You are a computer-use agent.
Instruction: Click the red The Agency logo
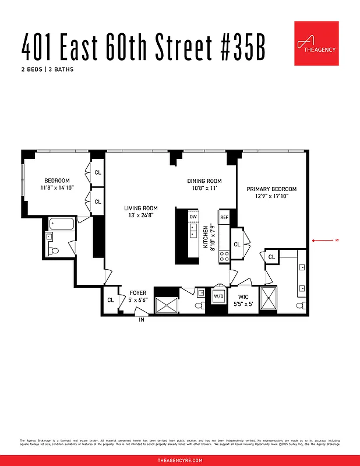(x=316, y=43)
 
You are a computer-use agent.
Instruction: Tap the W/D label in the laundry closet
(x=219, y=295)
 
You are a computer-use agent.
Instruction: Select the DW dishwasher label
(x=193, y=217)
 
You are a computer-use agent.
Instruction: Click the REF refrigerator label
(x=224, y=217)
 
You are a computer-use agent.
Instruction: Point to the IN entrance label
(x=142, y=320)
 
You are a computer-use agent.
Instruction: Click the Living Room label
(x=141, y=208)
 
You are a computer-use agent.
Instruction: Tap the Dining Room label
(x=204, y=181)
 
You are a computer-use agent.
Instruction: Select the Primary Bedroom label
(x=271, y=189)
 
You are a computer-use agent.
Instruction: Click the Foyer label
(x=138, y=293)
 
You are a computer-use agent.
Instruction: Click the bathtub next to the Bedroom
(x=61, y=223)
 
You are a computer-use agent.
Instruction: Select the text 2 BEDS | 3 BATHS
(x=47, y=69)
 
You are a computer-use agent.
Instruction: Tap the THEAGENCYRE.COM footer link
(x=180, y=460)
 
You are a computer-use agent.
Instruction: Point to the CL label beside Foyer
(x=110, y=300)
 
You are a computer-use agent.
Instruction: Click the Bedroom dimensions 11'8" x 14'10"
(x=57, y=188)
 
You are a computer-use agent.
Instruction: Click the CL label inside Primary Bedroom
(x=237, y=245)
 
